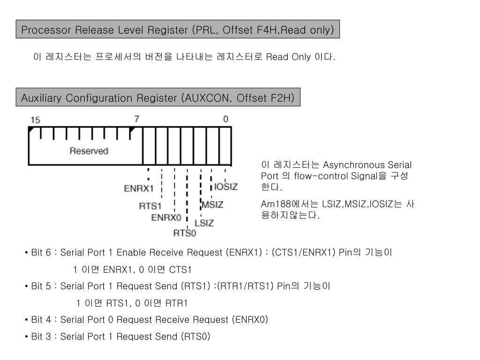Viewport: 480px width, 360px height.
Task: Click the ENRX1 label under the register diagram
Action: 139,188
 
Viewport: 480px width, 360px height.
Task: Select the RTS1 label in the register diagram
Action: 150,206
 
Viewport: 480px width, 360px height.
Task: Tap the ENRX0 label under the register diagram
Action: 166,217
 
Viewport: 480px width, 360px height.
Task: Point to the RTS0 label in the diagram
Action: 185,232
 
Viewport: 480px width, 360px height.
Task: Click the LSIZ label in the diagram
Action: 204,223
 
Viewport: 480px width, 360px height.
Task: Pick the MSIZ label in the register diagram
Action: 212,205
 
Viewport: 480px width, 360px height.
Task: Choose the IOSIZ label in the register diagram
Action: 226,187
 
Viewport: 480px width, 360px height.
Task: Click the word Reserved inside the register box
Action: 89,151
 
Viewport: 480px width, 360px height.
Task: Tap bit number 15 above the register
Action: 35,120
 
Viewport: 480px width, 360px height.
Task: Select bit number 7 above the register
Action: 136,119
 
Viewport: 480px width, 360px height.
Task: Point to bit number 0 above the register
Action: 225,119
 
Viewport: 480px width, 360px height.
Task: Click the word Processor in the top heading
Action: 43,30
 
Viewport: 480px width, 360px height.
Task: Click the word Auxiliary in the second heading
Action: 41,98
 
